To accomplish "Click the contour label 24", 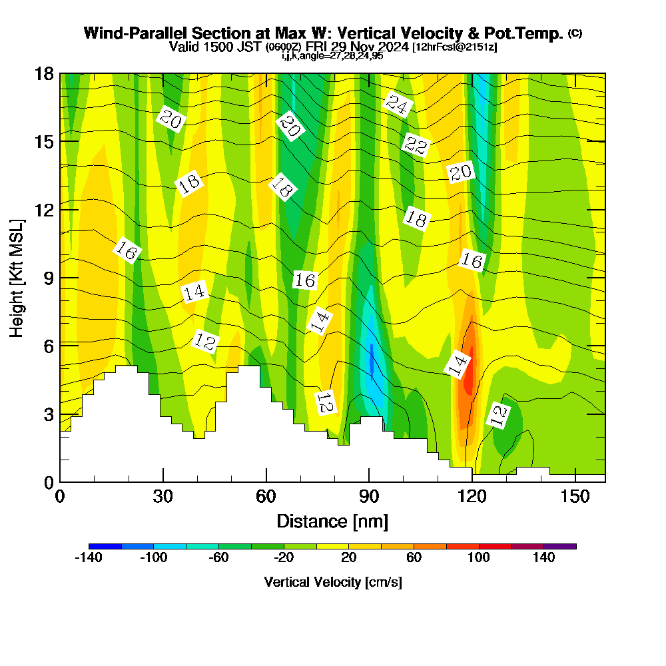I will pyautogui.click(x=398, y=105).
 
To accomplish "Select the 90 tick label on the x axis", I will pyautogui.click(x=369, y=496).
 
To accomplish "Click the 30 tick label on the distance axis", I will pyautogui.click(x=163, y=496).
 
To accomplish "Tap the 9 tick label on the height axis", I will pyautogui.click(x=48, y=278).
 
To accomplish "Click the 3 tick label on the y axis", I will pyautogui.click(x=48, y=414).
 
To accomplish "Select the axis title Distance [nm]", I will pyautogui.click(x=332, y=521).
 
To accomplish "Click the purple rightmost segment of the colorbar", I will pyautogui.click(x=560, y=546).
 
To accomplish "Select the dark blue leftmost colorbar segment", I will pyautogui.click(x=105, y=546).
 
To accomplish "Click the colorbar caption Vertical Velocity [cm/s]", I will pyautogui.click(x=332, y=582).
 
